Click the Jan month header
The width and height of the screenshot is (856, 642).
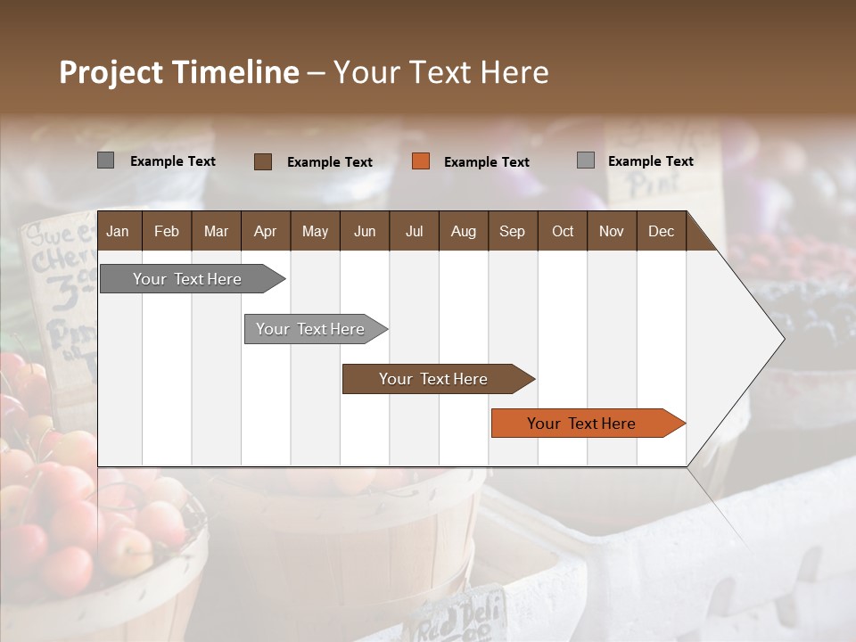(x=118, y=231)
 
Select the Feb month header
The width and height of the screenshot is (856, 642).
(x=167, y=231)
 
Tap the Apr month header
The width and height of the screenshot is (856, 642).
(x=265, y=231)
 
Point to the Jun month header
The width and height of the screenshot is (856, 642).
(x=365, y=231)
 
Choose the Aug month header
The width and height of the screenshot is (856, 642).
(x=463, y=231)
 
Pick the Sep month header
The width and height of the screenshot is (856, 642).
(x=512, y=231)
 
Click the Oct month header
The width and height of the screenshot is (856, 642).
(x=563, y=231)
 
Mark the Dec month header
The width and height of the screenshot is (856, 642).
(x=661, y=231)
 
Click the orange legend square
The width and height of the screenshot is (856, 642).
(x=421, y=161)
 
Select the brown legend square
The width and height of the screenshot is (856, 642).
(x=263, y=161)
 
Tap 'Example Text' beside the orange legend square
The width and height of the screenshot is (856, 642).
(x=486, y=161)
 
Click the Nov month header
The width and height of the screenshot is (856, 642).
(x=611, y=231)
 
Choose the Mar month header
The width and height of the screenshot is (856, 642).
(x=216, y=231)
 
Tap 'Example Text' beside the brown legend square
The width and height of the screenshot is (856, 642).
(x=329, y=161)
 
